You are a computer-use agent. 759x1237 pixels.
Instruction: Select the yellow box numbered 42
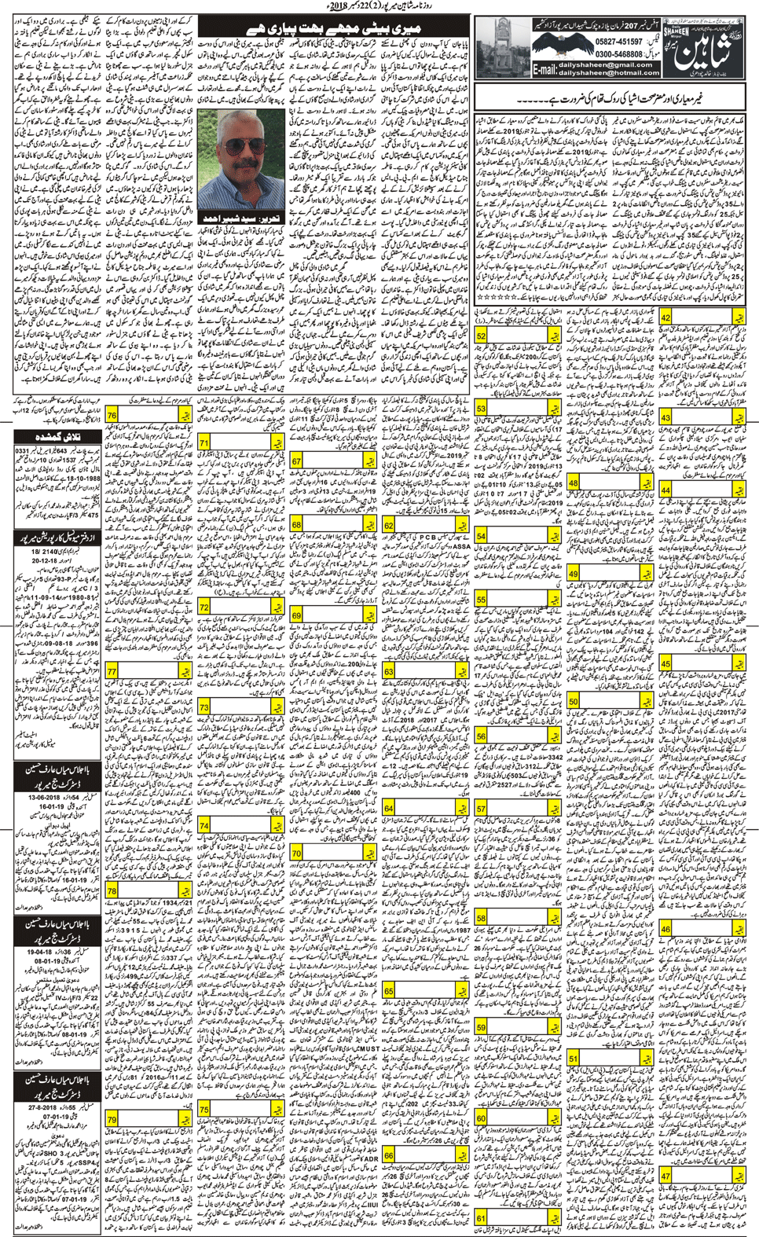point(665,318)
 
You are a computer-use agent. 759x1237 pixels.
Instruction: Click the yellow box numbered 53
point(480,409)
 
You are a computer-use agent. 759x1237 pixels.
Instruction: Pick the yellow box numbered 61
point(481,1219)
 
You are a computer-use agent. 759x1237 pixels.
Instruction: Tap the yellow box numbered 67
point(296,462)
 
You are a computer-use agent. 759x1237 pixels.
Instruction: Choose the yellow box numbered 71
point(203,444)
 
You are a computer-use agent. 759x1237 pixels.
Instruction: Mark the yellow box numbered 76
point(112,416)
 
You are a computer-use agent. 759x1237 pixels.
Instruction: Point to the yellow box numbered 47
point(665,1176)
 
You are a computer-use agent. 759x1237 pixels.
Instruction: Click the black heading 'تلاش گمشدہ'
point(57,436)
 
